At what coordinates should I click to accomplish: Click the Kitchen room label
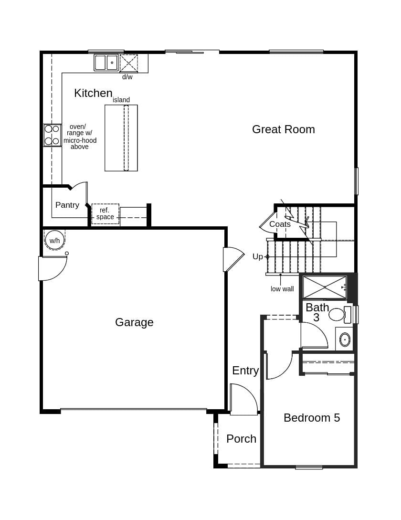coord(93,93)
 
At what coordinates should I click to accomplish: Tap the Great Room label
coord(283,129)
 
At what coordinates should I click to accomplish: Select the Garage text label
coord(134,322)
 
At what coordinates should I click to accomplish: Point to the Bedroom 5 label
coord(311,418)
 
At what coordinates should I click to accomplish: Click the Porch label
coord(241,439)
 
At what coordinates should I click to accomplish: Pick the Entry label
coord(245,371)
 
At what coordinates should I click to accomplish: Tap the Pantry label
coord(67,205)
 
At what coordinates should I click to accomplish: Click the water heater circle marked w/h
coord(54,240)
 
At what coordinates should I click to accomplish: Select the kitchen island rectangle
coord(121,138)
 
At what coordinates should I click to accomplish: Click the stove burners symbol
coord(52,135)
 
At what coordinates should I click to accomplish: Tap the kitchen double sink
coord(106,63)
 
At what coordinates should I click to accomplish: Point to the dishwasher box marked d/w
coord(128,63)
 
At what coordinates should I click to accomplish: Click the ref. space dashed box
coord(105,214)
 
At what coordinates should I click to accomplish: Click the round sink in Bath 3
coord(345,340)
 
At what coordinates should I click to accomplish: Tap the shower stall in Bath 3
coord(325,287)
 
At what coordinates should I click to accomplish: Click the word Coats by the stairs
coord(280,224)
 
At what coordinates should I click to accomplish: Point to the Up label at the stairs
coord(258,257)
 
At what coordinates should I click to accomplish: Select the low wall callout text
coord(282,289)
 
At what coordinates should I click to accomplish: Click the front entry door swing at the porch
coord(243,399)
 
